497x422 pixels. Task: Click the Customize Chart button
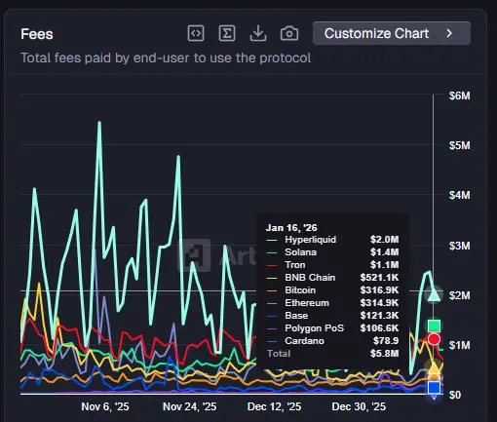(391, 33)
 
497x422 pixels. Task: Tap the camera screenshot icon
(289, 33)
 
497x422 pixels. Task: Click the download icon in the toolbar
(258, 33)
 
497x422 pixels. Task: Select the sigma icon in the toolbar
(227, 33)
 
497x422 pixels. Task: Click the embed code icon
(196, 33)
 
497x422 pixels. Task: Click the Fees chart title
(37, 33)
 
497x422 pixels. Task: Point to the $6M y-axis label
(460, 96)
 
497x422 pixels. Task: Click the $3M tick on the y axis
(460, 246)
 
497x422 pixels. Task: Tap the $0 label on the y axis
(454, 395)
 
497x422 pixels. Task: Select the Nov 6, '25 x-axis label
(105, 406)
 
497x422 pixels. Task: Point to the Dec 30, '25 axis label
(360, 406)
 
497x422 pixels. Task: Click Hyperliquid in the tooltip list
(311, 239)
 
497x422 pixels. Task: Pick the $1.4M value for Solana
(384, 251)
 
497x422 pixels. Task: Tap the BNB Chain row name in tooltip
(309, 278)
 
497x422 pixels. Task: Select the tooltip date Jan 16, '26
(289, 226)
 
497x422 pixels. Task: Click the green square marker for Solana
(435, 326)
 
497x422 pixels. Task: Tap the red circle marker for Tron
(435, 339)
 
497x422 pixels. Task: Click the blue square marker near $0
(435, 388)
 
